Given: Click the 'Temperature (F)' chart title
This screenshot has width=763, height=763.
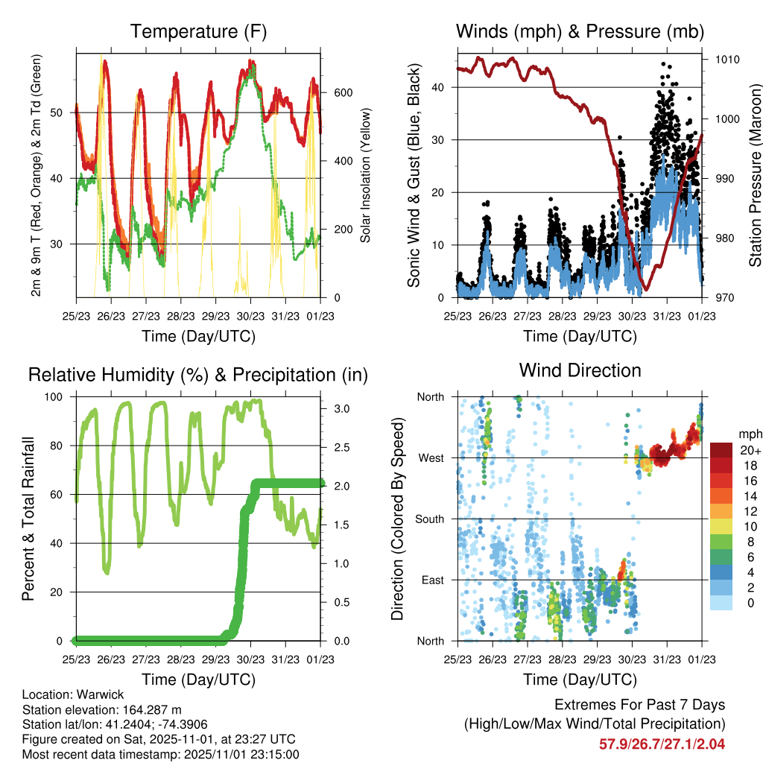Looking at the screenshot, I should pyautogui.click(x=198, y=32).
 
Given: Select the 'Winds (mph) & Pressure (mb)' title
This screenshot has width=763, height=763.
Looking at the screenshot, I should pyautogui.click(x=580, y=32).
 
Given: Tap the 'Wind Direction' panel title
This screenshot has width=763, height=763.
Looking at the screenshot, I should pyautogui.click(x=580, y=370).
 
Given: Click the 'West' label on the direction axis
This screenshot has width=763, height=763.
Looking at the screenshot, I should pyautogui.click(x=430, y=458).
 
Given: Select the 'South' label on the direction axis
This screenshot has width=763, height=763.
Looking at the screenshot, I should pyautogui.click(x=428, y=519).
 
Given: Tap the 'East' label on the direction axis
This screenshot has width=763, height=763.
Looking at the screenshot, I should pyautogui.click(x=431, y=580).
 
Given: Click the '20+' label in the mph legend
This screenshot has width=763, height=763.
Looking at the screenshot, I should pyautogui.click(x=750, y=451).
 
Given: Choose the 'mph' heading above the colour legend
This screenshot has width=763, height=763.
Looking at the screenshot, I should pyautogui.click(x=750, y=434).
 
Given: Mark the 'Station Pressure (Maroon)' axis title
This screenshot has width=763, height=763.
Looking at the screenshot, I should pyautogui.click(x=755, y=174).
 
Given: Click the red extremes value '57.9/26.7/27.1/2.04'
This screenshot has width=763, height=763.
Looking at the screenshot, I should pyautogui.click(x=662, y=744).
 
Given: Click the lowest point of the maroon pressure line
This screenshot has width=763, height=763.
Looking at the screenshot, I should pyautogui.click(x=647, y=289).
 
